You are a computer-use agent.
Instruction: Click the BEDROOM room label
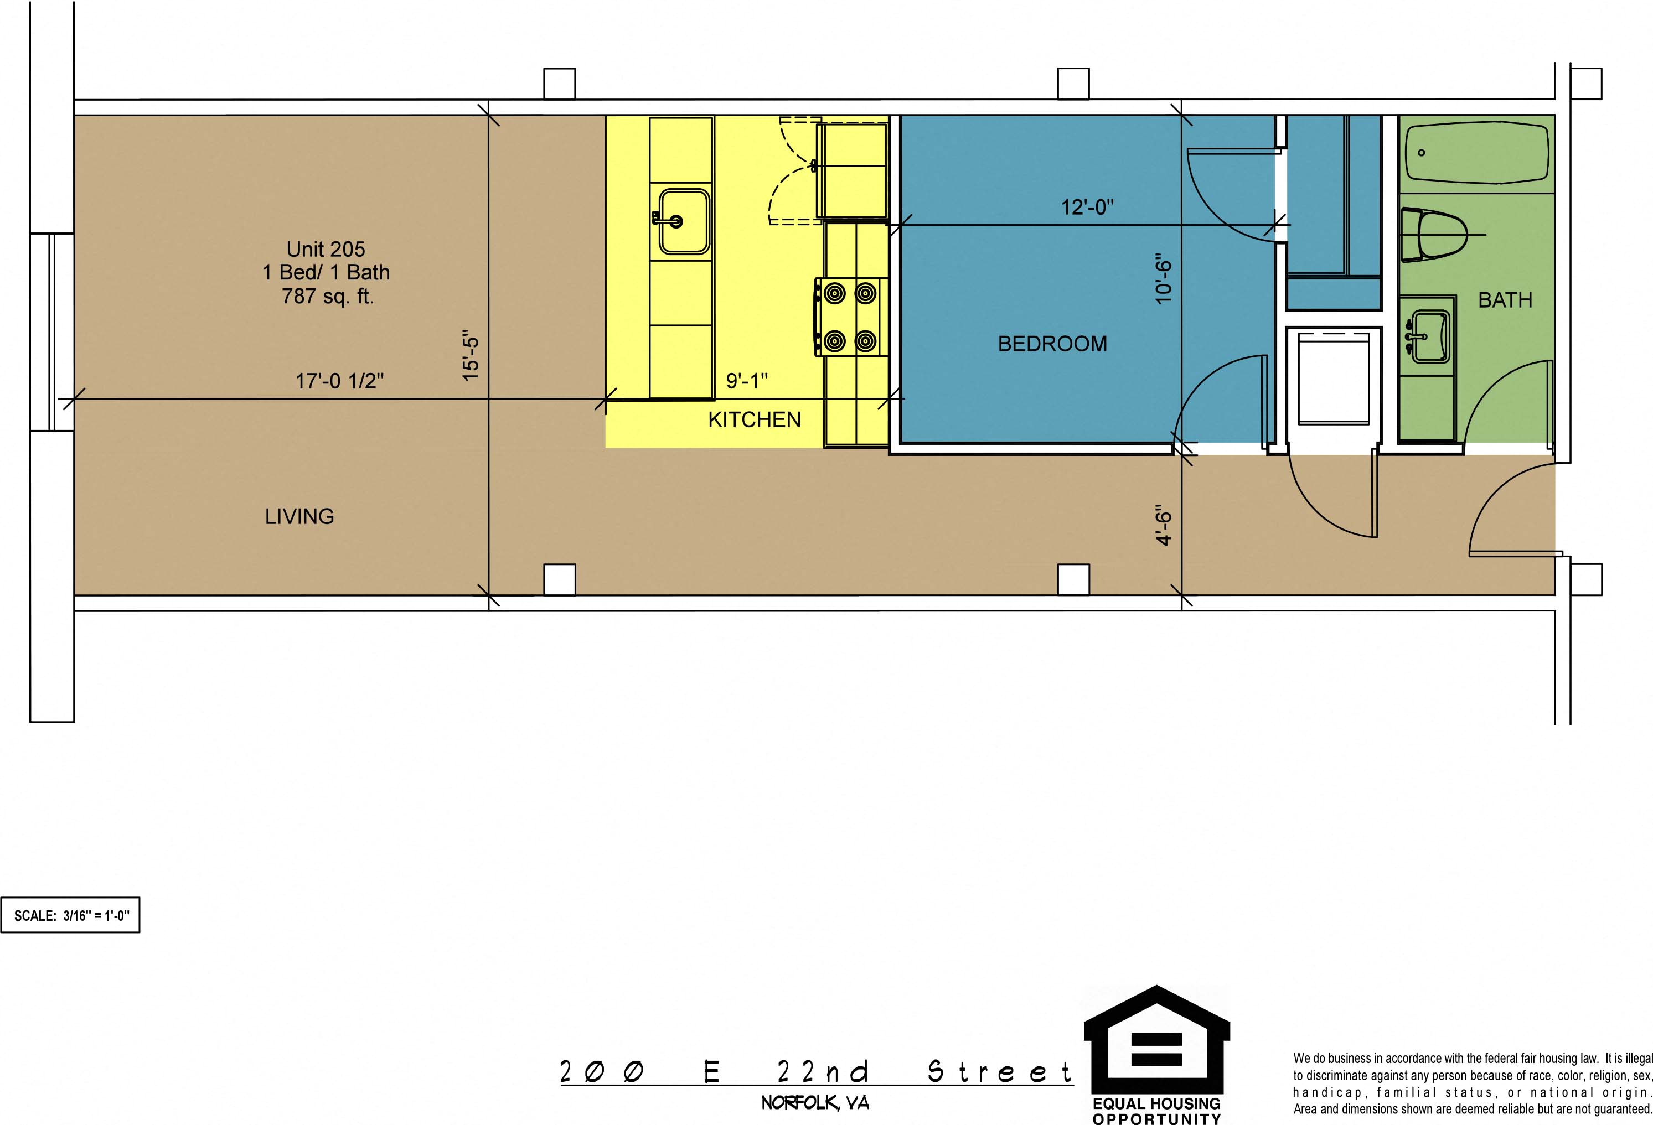click(1052, 344)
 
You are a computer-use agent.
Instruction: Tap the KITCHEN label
click(754, 419)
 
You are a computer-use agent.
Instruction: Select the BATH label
click(1505, 300)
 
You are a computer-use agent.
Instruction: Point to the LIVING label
click(299, 516)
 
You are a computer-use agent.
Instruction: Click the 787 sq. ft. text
click(328, 296)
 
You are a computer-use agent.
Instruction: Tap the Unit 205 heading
click(326, 249)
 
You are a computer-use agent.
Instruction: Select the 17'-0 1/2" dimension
click(339, 381)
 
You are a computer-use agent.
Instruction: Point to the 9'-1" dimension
click(747, 381)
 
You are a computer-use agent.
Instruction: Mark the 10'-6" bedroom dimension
click(1163, 279)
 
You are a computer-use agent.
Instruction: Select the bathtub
click(1478, 154)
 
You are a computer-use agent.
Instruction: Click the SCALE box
click(70, 915)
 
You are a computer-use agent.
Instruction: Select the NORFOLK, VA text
click(815, 1103)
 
